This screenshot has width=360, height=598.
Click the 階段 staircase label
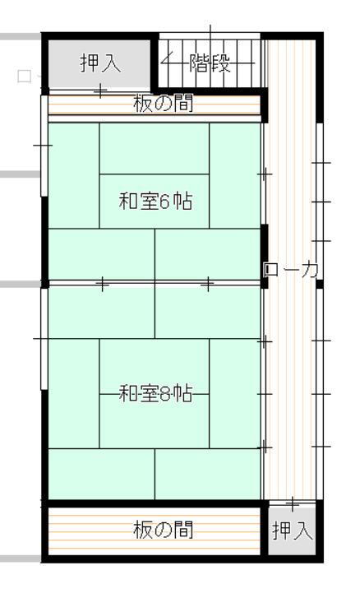coord(210,63)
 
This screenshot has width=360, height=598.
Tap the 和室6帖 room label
coord(155,201)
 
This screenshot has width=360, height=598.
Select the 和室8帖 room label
coord(155,393)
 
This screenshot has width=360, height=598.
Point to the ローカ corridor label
coord(292,271)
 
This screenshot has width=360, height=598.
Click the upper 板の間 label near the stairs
coord(163,103)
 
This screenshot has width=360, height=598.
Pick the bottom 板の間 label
coord(163,530)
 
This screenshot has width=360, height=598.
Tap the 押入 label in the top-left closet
coord(100,63)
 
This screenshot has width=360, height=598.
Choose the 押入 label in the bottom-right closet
coord(292,531)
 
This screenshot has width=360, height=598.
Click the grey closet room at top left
coord(99,63)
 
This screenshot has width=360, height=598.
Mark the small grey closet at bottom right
coord(292,531)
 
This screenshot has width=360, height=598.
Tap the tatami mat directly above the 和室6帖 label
coord(155,148)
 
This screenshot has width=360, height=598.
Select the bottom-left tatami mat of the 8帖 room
coord(101,474)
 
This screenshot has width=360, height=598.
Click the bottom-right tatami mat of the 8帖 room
coord(208,474)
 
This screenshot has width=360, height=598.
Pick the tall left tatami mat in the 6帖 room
coord(73,175)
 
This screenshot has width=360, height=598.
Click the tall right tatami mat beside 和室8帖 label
coord(235,393)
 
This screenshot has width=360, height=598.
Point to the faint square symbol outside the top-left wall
coord(24,76)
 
